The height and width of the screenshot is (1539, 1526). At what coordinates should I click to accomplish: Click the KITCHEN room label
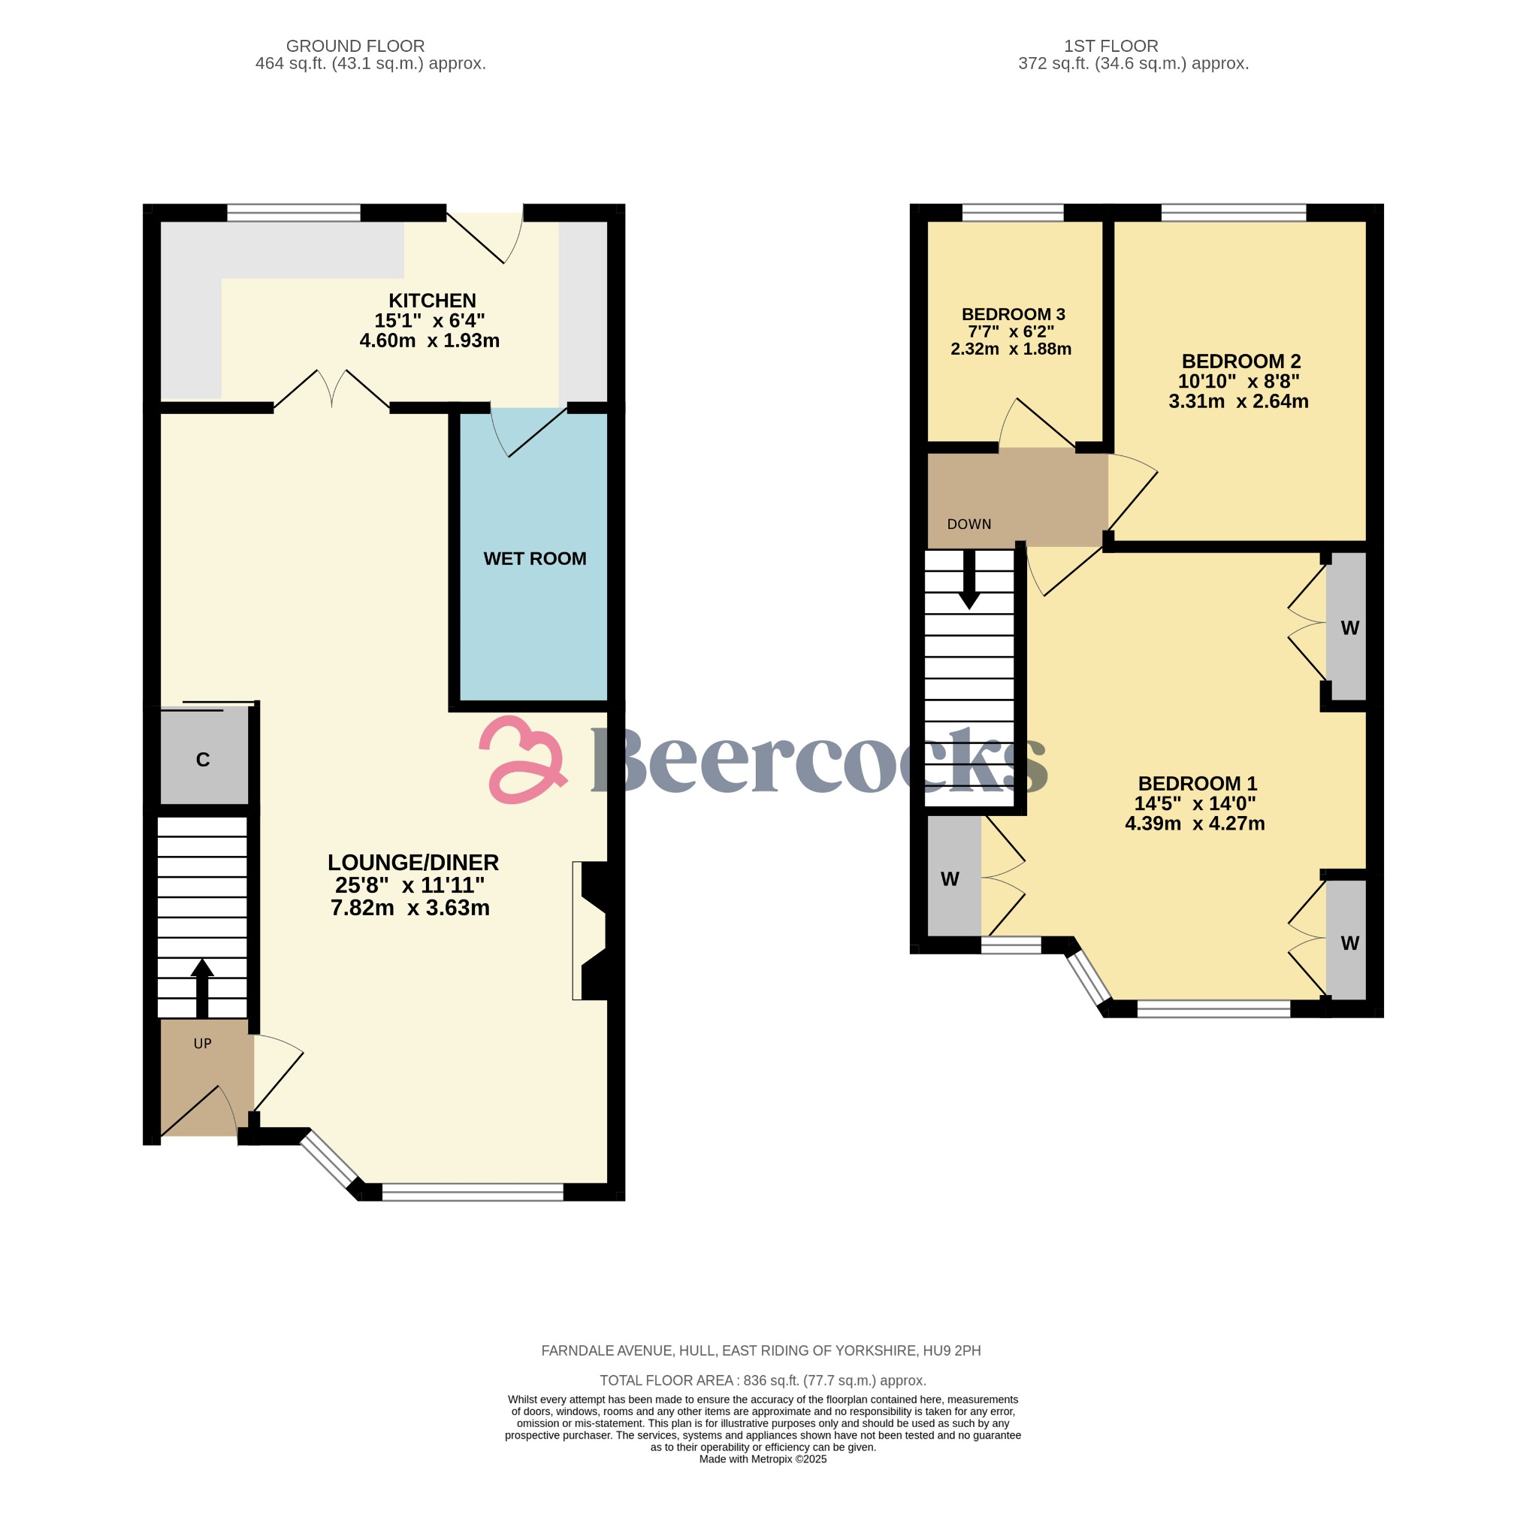pyautogui.click(x=432, y=301)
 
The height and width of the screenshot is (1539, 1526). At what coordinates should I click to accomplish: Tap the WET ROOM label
pyautogui.click(x=534, y=558)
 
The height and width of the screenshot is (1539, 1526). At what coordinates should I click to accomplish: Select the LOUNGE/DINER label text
pyautogui.click(x=412, y=862)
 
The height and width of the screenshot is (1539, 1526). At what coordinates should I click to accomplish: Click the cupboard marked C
pyautogui.click(x=203, y=759)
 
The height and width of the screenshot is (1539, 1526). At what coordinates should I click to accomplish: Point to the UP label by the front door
pyautogui.click(x=202, y=1044)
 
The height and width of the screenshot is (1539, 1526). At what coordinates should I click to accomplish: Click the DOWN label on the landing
pyautogui.click(x=968, y=525)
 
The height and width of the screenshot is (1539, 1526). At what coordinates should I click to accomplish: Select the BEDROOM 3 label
pyautogui.click(x=1012, y=314)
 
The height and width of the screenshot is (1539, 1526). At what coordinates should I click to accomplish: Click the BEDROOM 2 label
pyautogui.click(x=1240, y=361)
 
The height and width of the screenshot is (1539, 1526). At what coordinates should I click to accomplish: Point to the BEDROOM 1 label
pyautogui.click(x=1196, y=783)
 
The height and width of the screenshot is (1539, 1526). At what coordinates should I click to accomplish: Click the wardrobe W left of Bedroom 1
pyautogui.click(x=950, y=878)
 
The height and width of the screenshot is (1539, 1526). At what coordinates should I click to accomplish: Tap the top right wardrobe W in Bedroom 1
pyautogui.click(x=1349, y=627)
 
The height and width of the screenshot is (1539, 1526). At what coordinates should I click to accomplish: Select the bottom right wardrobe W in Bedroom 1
pyautogui.click(x=1349, y=943)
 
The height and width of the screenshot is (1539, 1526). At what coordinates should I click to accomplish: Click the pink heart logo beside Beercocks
pyautogui.click(x=521, y=759)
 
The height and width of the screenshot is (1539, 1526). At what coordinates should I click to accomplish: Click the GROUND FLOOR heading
pyautogui.click(x=355, y=46)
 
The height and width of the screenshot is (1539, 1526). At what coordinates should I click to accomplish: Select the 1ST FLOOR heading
pyautogui.click(x=1111, y=46)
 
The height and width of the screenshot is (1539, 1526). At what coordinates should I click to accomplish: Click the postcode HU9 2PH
pyautogui.click(x=951, y=1350)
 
